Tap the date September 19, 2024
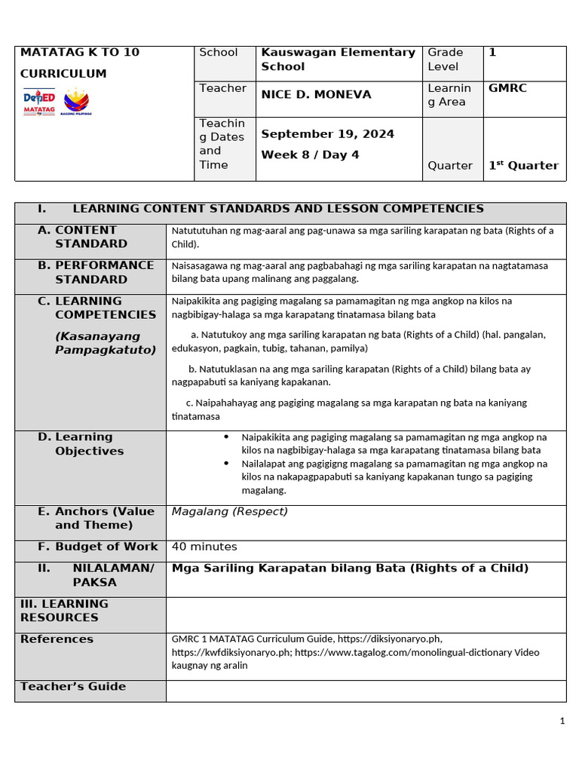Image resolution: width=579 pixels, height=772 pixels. click(327, 134)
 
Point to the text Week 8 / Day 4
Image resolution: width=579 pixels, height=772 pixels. click(299, 155)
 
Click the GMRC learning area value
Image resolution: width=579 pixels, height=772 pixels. click(507, 88)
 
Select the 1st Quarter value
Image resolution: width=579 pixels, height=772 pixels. click(523, 166)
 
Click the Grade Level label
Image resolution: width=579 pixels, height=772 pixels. click(446, 60)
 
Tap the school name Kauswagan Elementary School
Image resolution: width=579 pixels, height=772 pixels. click(338, 60)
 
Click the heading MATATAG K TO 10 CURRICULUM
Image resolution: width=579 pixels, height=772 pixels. click(80, 63)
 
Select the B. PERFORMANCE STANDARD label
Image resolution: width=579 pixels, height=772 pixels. click(96, 272)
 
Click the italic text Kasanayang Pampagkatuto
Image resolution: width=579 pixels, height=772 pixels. click(105, 343)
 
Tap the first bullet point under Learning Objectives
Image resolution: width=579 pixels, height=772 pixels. click(394, 443)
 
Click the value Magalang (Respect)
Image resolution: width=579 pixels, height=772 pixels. click(230, 512)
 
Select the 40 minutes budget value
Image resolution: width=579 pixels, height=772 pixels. click(204, 547)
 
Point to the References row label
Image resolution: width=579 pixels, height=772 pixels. click(57, 639)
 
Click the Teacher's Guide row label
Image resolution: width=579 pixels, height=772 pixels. click(73, 686)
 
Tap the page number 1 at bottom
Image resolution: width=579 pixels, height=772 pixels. click(562, 721)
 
